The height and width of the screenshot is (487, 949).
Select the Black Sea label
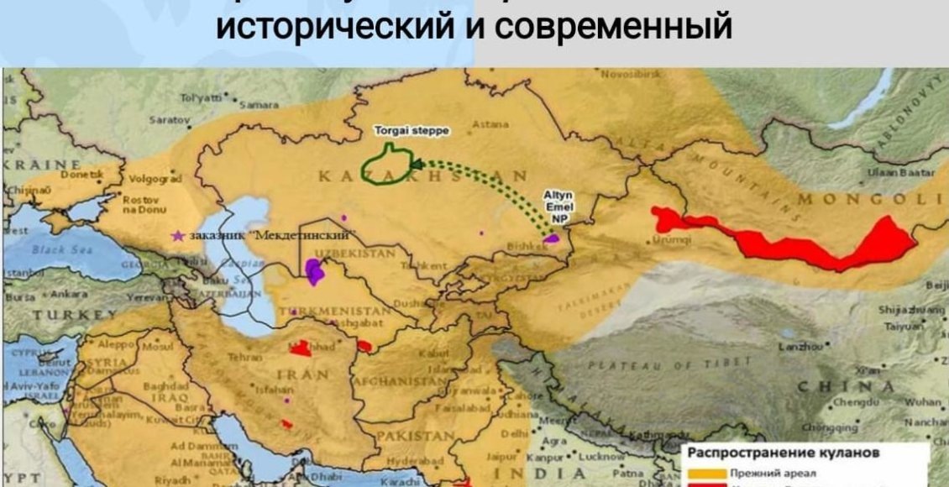tap(55, 249)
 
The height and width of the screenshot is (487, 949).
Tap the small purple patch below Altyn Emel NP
tap(551, 239)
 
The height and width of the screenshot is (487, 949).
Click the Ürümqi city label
tap(667, 239)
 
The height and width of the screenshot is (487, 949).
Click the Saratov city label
tap(165, 119)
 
